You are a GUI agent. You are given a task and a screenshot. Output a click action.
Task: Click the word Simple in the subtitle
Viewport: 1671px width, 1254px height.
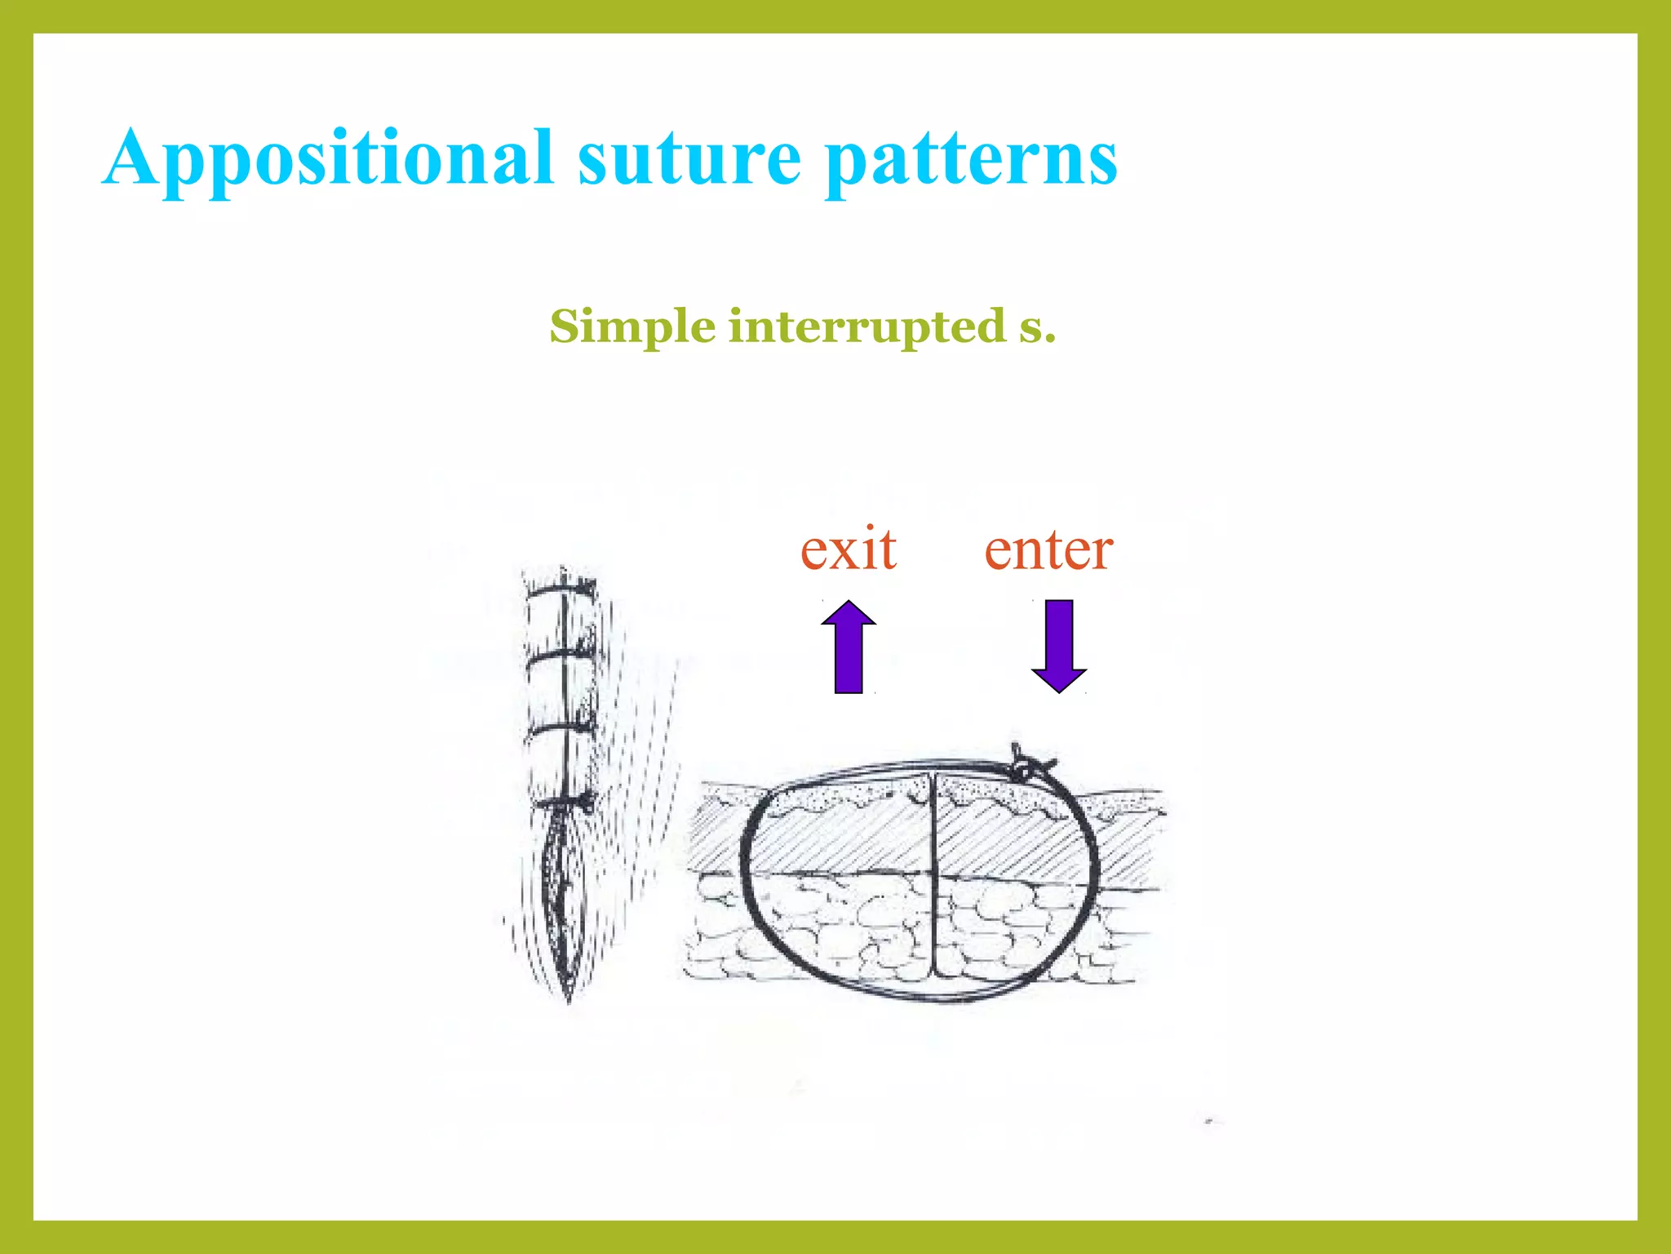pos(632,327)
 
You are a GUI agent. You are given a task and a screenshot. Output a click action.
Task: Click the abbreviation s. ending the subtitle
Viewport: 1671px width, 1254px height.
pos(1037,327)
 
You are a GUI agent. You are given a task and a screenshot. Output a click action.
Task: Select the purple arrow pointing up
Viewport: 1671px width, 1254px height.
pos(849,647)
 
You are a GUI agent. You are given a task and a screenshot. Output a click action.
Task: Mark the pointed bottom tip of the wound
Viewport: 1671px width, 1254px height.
pos(569,998)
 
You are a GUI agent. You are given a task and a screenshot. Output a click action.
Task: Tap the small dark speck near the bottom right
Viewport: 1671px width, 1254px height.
pos(1210,1122)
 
